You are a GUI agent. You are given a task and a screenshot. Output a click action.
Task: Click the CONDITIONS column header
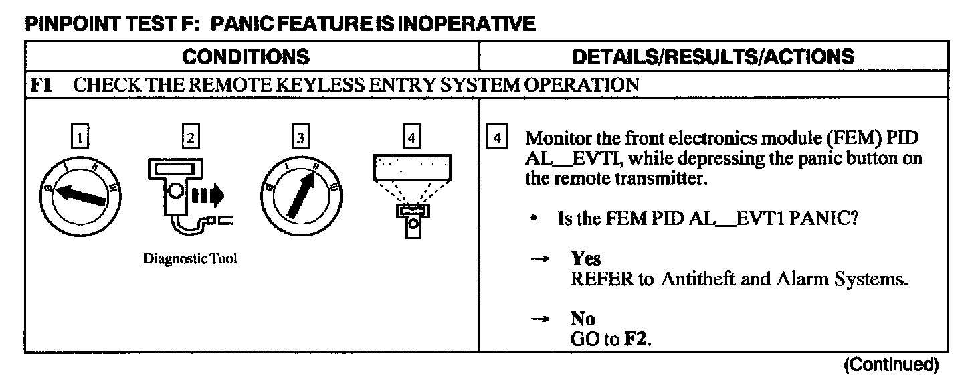tap(246, 56)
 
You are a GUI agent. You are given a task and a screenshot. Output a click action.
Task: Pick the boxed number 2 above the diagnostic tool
tap(191, 138)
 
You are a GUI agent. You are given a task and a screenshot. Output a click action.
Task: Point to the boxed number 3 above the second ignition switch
tap(301, 138)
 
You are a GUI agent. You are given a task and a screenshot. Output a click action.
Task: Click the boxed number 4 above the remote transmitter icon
tap(411, 138)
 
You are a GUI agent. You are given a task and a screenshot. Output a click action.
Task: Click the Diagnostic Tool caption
tap(191, 260)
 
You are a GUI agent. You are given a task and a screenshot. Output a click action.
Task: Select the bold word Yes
tap(586, 259)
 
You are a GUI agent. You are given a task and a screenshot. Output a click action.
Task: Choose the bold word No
tap(582, 319)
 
